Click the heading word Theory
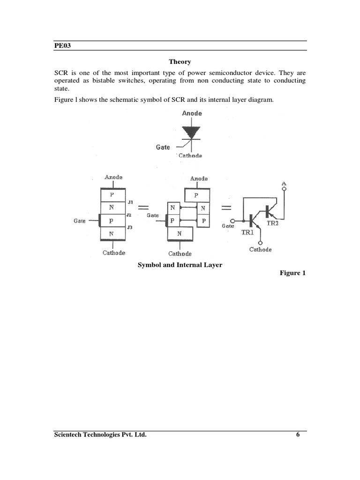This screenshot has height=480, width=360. pyautogui.click(x=180, y=62)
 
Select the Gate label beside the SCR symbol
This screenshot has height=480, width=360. pyautogui.click(x=163, y=147)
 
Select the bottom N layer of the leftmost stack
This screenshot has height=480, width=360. pyautogui.click(x=112, y=233)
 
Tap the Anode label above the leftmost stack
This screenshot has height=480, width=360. pyautogui.click(x=113, y=177)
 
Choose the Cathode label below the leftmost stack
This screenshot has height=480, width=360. pyautogui.click(x=114, y=253)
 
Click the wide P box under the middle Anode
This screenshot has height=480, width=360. pyautogui.click(x=196, y=195)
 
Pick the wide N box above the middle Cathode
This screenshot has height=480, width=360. pyautogui.click(x=180, y=233)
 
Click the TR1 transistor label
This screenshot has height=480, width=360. pyautogui.click(x=248, y=232)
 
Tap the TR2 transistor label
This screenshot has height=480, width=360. pyautogui.click(x=272, y=224)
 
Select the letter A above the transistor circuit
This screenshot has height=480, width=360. pyautogui.click(x=284, y=183)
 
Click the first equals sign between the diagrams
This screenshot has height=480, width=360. pyautogui.click(x=144, y=208)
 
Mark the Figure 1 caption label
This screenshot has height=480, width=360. pyautogui.click(x=292, y=273)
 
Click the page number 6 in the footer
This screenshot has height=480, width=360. pyautogui.click(x=298, y=435)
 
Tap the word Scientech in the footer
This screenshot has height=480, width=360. pyautogui.click(x=69, y=435)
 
